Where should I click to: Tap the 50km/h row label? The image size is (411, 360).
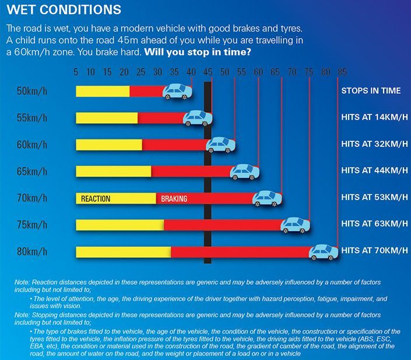tap(33, 91)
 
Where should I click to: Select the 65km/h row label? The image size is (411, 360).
tap(33, 172)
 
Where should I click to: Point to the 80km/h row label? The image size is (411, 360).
tap(33, 252)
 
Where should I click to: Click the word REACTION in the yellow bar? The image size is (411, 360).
tap(96, 199)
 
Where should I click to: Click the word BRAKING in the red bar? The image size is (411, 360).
tap(174, 199)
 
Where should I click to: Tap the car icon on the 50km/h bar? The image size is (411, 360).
tap(177, 92)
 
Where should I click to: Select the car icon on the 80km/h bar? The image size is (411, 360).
tap(323, 252)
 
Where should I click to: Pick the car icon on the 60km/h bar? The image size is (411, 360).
tap(221, 144)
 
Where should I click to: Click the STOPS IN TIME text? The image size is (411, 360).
tap(371, 91)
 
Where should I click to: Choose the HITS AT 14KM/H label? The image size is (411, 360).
tap(374, 117)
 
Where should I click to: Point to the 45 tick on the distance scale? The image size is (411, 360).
tap(208, 72)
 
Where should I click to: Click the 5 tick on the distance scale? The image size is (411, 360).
tap(76, 72)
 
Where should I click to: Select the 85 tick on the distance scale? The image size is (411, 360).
tap(342, 72)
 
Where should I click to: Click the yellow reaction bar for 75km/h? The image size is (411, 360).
tap(120, 225)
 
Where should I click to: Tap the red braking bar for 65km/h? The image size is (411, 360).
tap(192, 172)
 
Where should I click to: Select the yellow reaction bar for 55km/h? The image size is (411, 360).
tap(107, 118)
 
